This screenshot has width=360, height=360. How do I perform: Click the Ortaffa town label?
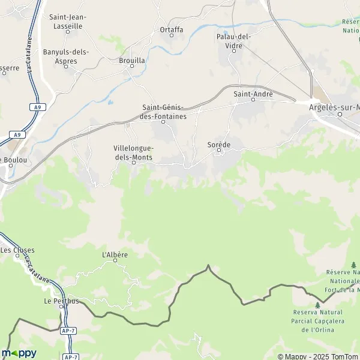point(171,29)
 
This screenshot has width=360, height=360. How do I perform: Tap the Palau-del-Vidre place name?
point(232,41)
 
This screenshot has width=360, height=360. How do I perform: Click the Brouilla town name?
point(132,61)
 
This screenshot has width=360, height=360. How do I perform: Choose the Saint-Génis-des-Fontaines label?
point(164,112)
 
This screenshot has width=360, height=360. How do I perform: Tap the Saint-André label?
point(253,94)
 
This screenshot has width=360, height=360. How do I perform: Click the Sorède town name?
point(218,145)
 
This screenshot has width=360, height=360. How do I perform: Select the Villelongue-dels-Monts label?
point(133,152)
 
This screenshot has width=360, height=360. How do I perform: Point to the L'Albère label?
point(115,255)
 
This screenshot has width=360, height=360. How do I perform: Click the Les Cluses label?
point(17,250)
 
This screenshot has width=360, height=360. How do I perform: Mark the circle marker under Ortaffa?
point(172,35)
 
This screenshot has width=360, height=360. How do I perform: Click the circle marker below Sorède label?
point(218,151)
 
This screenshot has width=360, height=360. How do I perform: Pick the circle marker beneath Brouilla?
point(132,67)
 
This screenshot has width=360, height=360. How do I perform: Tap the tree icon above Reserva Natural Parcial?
point(317,305)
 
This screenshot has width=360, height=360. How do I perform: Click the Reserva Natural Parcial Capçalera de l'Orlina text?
point(317,320)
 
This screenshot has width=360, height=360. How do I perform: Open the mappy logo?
point(19,353)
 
